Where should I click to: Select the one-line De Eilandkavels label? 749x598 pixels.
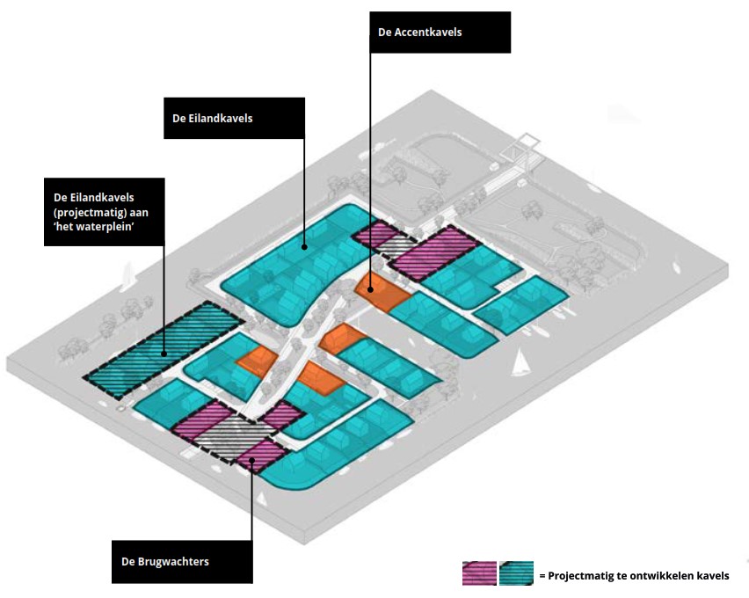point(234,118)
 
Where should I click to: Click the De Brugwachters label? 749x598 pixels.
point(182,560)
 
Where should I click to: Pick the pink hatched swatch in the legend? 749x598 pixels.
point(479,573)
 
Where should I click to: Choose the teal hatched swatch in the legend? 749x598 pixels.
point(516,573)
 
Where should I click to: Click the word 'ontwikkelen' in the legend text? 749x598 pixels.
point(651,576)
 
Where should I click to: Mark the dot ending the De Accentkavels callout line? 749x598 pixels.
point(370,288)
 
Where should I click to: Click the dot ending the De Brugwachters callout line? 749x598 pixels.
point(251,456)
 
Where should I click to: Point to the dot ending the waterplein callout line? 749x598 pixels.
point(164,354)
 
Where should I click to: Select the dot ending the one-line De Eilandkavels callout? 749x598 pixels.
point(304,247)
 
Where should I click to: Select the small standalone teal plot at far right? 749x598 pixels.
point(522,304)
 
